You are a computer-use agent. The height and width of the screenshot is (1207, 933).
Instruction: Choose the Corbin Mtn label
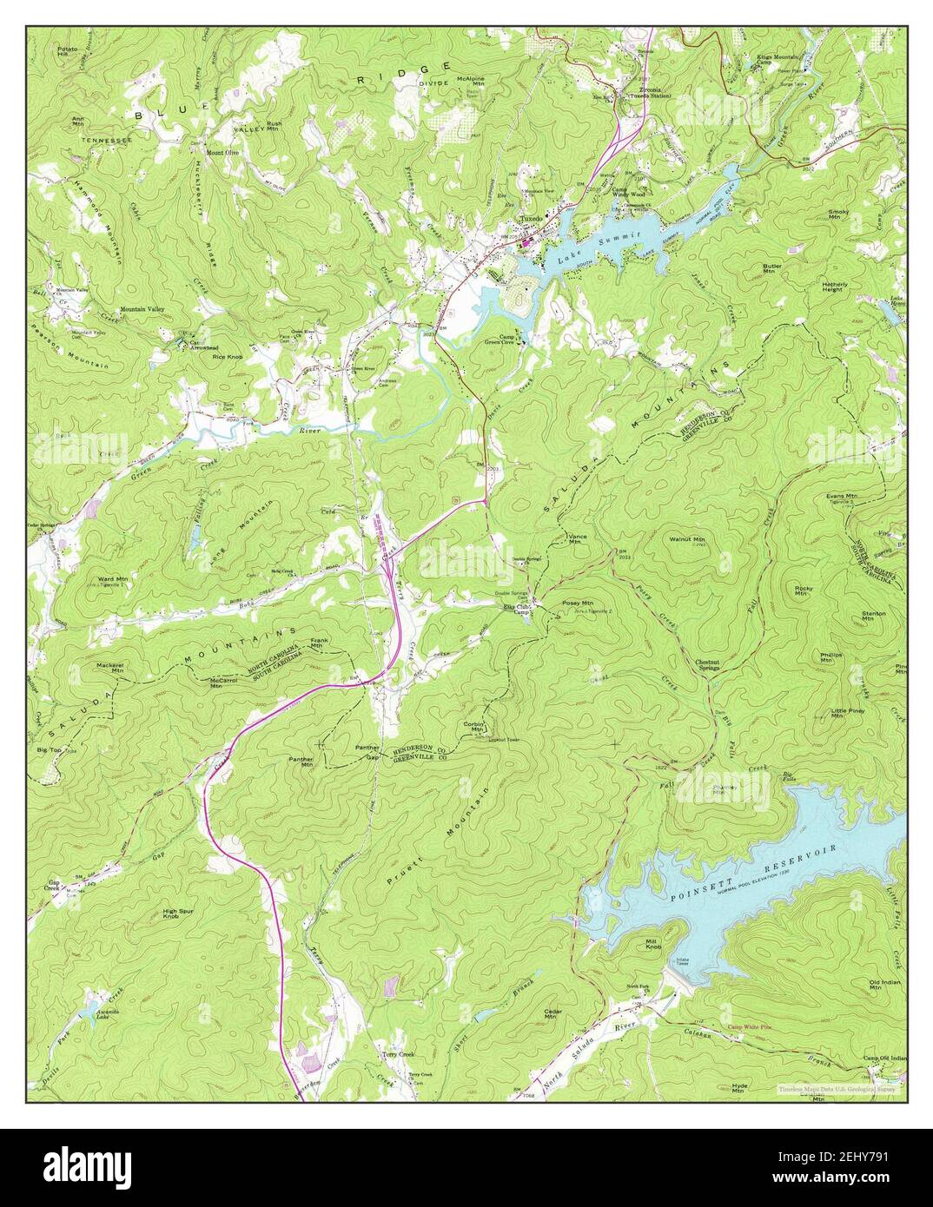473,727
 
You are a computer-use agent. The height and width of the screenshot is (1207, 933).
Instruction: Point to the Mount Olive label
222,152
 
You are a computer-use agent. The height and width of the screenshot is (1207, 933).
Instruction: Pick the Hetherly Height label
839,286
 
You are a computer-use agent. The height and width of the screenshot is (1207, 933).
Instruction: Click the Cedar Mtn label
553,1014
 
